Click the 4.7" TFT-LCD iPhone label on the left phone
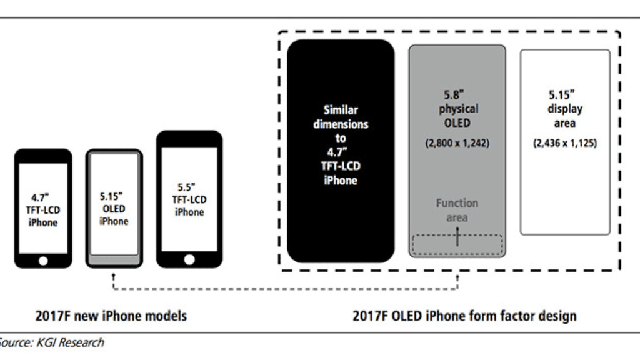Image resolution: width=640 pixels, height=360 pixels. click(x=43, y=211)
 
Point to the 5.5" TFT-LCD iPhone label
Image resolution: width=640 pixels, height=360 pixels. click(x=189, y=199)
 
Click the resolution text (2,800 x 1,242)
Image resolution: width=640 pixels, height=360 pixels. click(x=457, y=143)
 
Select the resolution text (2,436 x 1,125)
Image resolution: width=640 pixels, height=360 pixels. click(x=565, y=143)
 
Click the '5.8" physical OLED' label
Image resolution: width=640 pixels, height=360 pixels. click(x=457, y=109)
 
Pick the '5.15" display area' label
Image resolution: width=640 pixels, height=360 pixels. click(x=565, y=109)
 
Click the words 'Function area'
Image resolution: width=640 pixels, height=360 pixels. click(x=457, y=210)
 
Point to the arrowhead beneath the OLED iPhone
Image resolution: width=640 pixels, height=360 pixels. click(x=114, y=274)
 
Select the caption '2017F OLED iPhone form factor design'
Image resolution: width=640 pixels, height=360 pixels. click(x=464, y=316)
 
